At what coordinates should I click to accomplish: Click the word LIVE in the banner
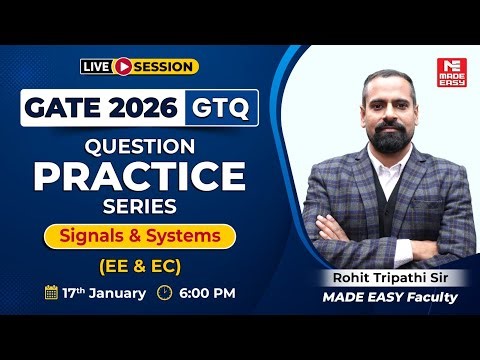(97, 66)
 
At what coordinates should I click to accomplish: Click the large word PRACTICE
(139, 176)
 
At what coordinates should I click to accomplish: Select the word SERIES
(139, 207)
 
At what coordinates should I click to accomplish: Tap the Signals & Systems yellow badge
(139, 237)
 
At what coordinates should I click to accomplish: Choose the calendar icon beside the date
(52, 294)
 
